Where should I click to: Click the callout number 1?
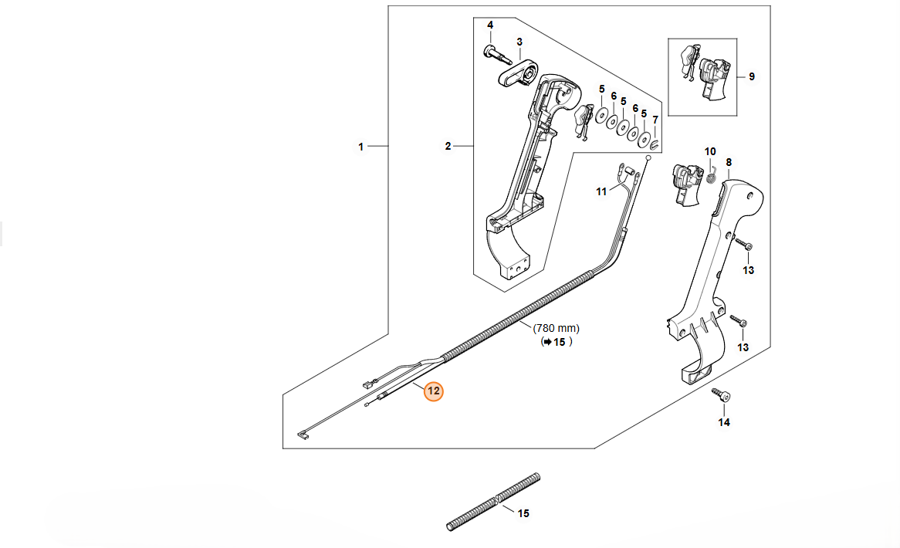tap(360, 146)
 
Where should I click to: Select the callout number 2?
tap(448, 146)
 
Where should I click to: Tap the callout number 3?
tap(519, 42)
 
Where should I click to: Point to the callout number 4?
tap(489, 25)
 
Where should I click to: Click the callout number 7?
tap(655, 120)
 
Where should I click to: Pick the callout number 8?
tap(729, 162)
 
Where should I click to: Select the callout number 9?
tap(752, 76)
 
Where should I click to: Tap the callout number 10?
tap(710, 151)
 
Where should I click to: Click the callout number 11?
tap(601, 191)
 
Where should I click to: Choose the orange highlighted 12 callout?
tap(434, 391)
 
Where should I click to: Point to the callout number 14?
tap(724, 422)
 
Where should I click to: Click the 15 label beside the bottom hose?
tap(523, 513)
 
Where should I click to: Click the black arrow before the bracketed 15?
tap(547, 342)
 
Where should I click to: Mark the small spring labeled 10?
tap(712, 177)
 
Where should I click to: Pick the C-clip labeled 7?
tap(655, 143)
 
